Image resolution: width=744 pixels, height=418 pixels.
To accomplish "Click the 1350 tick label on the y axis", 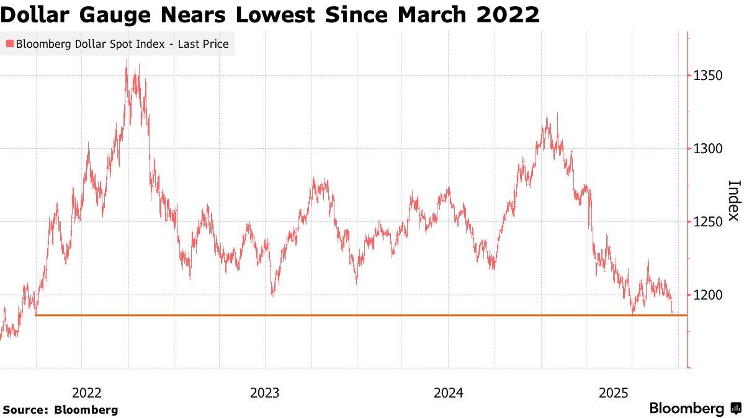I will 709,76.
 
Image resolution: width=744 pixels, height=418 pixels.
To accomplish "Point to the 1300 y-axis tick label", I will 709,149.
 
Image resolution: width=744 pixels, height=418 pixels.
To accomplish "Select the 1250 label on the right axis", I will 709,222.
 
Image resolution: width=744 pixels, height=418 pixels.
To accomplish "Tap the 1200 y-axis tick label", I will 709,295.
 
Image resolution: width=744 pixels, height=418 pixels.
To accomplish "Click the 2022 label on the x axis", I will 87,393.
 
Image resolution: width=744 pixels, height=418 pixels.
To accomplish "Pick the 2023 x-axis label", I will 265,393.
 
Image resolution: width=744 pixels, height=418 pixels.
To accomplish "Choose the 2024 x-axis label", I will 449,393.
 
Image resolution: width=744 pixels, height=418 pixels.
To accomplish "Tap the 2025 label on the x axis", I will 614,393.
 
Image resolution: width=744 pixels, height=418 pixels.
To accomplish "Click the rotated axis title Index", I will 733,200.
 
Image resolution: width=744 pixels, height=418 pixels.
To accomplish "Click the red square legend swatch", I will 9,44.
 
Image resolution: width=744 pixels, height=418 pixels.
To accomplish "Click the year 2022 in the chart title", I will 508,14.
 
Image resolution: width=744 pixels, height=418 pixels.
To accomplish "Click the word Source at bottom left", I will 24,410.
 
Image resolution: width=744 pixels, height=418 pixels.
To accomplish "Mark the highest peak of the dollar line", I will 127,60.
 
